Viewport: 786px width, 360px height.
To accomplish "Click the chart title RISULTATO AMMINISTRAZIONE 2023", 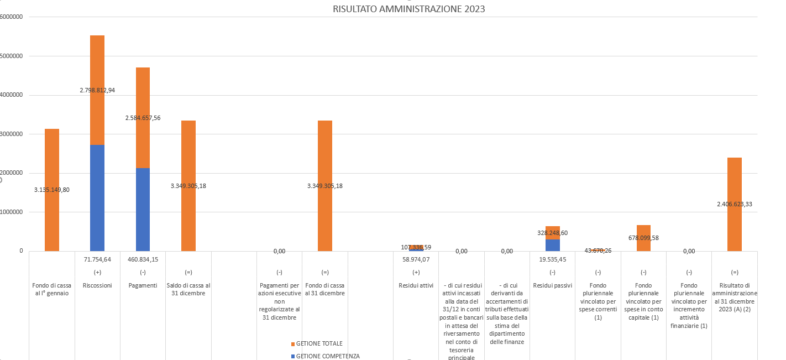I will click(x=409, y=9).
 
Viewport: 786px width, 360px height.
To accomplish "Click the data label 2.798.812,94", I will click(x=97, y=90).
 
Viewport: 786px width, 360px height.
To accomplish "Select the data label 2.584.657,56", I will click(x=143, y=118).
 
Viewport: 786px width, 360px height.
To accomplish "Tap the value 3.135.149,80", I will click(x=52, y=190).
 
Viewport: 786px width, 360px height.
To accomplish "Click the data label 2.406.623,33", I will click(x=734, y=204).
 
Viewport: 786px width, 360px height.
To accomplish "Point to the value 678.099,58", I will click(x=643, y=238).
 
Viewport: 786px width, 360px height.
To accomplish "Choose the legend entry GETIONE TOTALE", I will click(x=319, y=343).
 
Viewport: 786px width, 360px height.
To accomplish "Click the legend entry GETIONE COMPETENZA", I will click(x=328, y=356).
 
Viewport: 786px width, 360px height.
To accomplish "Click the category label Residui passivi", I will click(x=553, y=285).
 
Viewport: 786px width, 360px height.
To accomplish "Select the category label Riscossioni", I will click(x=97, y=285).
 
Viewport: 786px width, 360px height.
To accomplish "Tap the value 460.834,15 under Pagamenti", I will click(x=143, y=259).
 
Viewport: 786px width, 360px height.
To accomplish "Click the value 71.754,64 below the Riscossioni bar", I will click(x=97, y=259).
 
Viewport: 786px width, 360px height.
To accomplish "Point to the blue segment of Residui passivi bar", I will click(x=553, y=245).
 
